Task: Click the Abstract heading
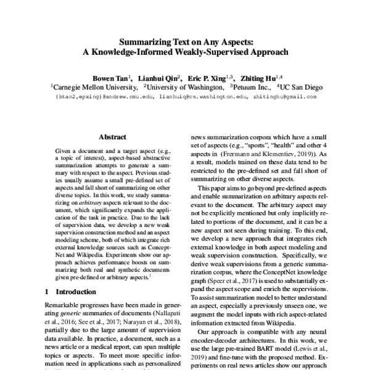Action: click(x=113, y=138)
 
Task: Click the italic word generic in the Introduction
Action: click(x=71, y=314)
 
